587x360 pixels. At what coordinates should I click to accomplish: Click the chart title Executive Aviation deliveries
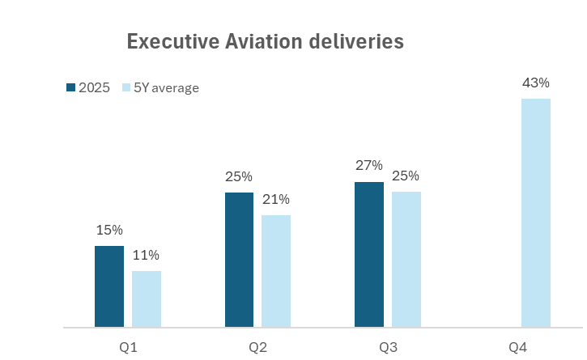[x=265, y=42]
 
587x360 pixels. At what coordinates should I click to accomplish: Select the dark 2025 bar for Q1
[x=109, y=287]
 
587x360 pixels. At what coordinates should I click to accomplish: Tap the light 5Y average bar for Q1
[x=147, y=299]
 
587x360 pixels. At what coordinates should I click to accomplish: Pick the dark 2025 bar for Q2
[x=239, y=260]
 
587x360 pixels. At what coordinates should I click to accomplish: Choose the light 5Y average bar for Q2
[x=276, y=272]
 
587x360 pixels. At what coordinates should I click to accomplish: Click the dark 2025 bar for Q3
[x=369, y=255]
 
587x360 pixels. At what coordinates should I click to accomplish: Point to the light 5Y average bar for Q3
[x=406, y=260]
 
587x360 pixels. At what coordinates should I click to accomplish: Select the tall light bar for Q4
[x=536, y=214]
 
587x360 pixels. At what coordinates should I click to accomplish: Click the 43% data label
[x=536, y=83]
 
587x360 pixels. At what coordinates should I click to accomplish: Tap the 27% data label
[x=369, y=166]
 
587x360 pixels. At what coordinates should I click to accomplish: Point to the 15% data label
[x=109, y=230]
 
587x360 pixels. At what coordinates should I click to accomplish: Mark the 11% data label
[x=147, y=255]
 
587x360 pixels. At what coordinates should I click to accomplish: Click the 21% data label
[x=276, y=199]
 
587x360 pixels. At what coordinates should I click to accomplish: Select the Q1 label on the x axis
[x=128, y=347]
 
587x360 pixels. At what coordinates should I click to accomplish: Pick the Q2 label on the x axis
[x=258, y=347]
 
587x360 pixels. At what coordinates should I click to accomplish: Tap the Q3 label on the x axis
[x=388, y=347]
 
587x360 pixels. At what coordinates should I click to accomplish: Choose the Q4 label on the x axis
[x=517, y=347]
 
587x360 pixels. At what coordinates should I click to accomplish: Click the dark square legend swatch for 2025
[x=70, y=87]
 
